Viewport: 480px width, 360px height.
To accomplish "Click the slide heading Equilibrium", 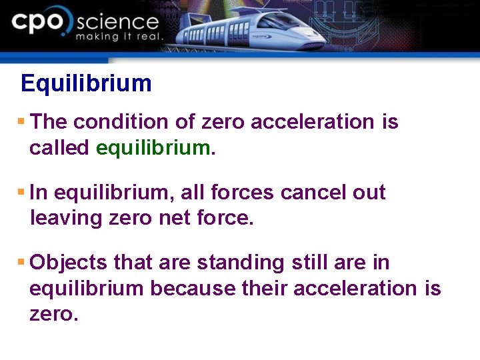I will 86,84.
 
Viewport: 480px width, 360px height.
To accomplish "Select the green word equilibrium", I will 153,148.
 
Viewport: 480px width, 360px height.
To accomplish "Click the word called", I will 59,148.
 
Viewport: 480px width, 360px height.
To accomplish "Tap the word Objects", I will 69,263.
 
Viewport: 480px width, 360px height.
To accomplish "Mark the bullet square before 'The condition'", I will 21,122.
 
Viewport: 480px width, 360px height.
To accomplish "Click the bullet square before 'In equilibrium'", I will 21,193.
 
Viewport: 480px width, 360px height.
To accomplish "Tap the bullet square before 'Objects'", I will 21,263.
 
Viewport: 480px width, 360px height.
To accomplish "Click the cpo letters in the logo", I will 40,23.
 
